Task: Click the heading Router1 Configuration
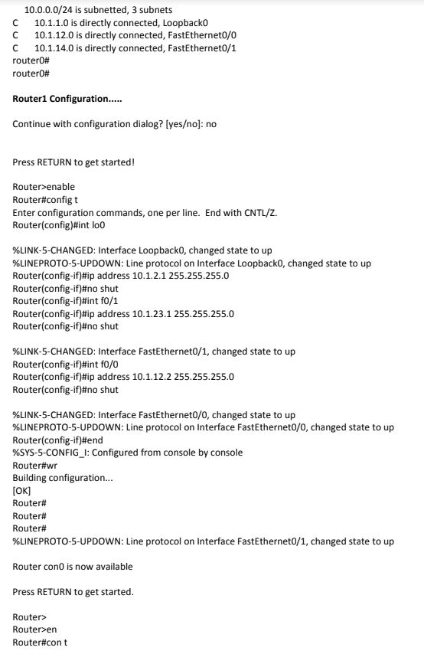68,99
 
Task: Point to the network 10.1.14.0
56,47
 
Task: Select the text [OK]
22,491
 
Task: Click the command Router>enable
44,187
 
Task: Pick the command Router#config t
45,199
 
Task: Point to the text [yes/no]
184,124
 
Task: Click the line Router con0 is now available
73,567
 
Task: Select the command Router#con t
40,642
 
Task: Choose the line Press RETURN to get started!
73,162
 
